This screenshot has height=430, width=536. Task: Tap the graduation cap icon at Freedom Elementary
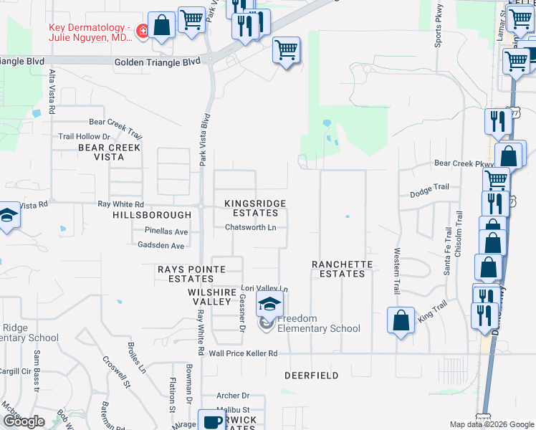(269, 305)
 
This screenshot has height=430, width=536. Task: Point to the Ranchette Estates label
(342, 269)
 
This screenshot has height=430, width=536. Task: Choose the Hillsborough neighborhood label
(152, 215)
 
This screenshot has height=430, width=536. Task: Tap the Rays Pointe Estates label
(191, 274)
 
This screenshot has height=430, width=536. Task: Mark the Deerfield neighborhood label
(311, 376)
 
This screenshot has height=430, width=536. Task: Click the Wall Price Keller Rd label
(243, 353)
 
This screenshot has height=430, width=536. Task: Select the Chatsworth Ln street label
(251, 227)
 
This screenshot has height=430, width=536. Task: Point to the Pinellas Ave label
(166, 232)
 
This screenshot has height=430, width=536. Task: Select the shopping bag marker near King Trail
(401, 320)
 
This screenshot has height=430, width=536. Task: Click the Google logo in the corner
(24, 421)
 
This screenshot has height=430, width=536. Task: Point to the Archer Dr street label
(232, 396)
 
